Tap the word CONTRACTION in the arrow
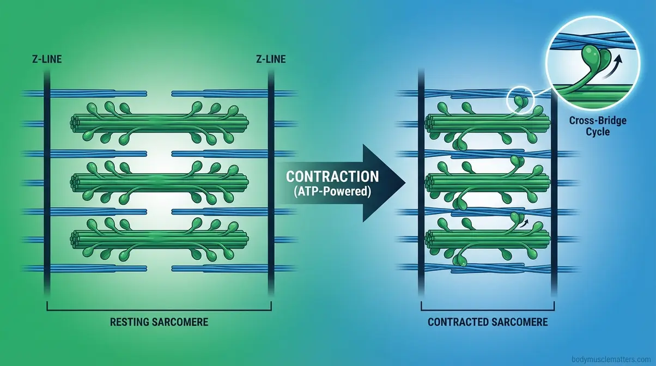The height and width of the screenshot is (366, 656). (332, 177)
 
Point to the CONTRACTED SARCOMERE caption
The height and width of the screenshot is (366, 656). (488, 322)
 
